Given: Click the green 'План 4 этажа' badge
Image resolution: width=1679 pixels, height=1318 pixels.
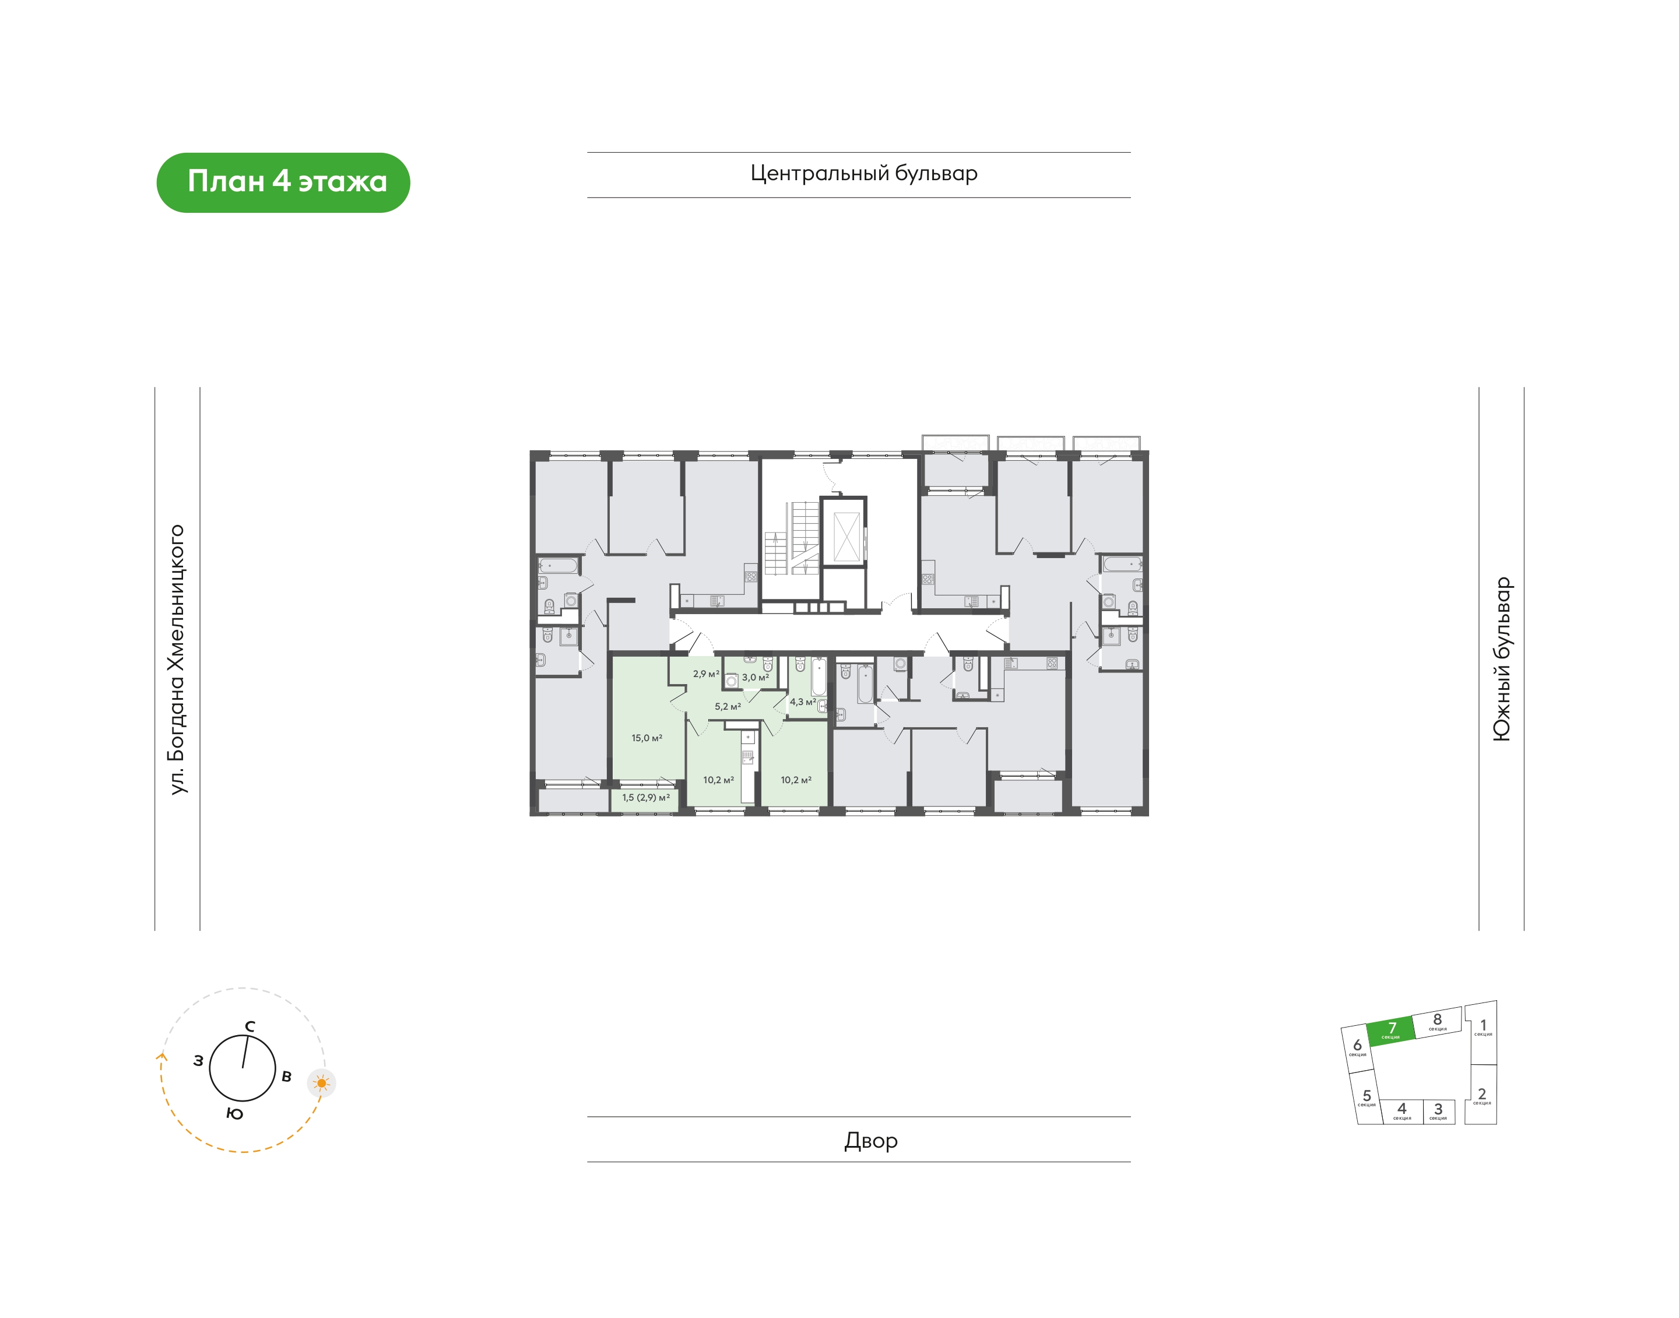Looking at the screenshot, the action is coord(283,182).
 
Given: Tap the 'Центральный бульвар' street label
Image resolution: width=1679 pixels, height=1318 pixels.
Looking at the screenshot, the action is coord(864,174).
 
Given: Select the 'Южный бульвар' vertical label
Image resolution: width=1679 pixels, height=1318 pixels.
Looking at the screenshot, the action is coord(1502,659).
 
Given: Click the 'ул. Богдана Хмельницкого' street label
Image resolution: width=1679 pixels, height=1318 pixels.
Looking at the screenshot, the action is coord(178,659).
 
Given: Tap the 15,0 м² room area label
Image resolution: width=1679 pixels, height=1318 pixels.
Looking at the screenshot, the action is coord(647,738).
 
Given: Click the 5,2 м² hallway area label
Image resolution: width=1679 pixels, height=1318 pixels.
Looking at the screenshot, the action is coord(728,706).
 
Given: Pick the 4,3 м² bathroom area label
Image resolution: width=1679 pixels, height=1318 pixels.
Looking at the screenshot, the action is coord(802,702).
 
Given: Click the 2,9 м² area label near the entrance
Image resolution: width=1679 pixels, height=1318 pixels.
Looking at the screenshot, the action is coord(705,674).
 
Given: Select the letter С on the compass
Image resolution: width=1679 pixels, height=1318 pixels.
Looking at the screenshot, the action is coord(250,1026).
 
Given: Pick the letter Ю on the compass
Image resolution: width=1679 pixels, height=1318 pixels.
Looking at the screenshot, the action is coord(235,1113).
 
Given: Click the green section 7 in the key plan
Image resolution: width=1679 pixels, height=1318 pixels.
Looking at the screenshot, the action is coord(1392,1030).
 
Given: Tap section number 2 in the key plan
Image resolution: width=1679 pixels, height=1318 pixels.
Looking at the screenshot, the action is coord(1481,1093).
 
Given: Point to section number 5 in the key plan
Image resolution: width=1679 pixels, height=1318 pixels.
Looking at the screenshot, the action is coord(1367,1095).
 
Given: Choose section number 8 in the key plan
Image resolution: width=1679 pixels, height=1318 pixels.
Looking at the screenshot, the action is coord(1437,1019).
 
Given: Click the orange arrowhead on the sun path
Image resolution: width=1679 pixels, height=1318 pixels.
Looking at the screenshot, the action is coord(161,1057).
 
